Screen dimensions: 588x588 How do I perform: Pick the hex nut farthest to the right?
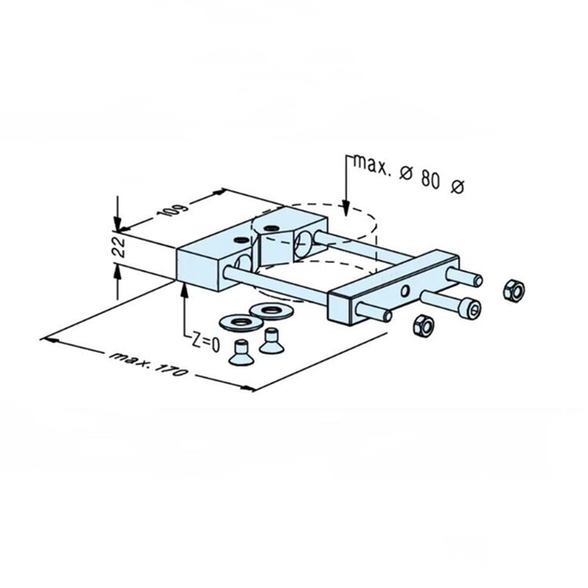pyautogui.click(x=514, y=291)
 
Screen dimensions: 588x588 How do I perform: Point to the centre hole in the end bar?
pyautogui.click(x=405, y=290)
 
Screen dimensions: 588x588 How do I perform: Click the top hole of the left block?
pyautogui.click(x=241, y=239)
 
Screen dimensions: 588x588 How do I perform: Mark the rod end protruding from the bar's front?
pyautogui.click(x=388, y=316)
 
